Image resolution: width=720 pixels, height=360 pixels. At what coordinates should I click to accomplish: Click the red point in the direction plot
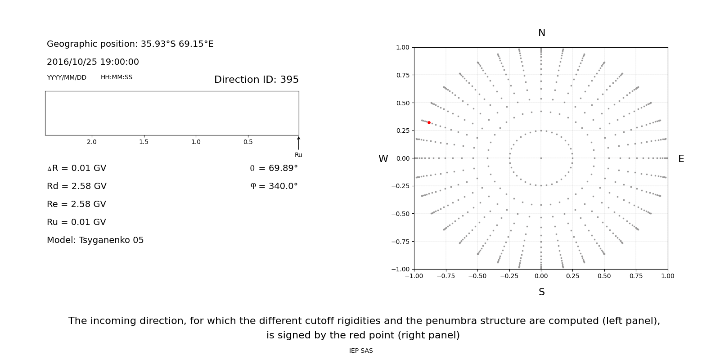pos(429,122)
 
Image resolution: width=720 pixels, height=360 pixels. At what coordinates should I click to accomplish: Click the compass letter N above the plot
pos(542,33)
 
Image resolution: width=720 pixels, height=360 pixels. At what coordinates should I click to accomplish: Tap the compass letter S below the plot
pos(542,292)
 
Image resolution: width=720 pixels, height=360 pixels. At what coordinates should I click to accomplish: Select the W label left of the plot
pos(383,159)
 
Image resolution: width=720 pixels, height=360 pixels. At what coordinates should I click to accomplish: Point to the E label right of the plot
pos(681,159)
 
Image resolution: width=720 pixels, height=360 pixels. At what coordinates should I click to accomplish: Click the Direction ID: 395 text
pos(256,79)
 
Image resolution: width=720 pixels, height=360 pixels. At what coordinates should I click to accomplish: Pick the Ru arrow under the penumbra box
pos(299,143)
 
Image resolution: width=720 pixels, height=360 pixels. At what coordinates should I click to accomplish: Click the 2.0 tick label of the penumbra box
pos(92,142)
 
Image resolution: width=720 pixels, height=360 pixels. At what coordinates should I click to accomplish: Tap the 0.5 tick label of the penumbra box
pos(248,142)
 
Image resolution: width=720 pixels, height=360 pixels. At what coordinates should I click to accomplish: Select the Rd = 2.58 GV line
pos(76,186)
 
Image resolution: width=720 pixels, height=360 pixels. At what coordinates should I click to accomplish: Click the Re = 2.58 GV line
pos(76,204)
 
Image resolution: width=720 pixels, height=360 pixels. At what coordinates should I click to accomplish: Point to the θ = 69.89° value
pos(274,168)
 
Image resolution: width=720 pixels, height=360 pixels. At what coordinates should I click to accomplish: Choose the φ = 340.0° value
pos(274,186)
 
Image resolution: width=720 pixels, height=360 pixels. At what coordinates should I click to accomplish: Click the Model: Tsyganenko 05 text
pos(95,240)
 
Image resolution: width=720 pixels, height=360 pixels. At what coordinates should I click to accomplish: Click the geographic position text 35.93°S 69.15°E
pos(177,44)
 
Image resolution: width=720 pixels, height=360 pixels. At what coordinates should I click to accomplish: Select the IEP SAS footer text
pos(361,351)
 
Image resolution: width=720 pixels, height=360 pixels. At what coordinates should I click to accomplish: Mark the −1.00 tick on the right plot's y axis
pos(400,270)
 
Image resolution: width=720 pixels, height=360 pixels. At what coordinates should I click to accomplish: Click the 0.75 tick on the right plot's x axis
pos(636,276)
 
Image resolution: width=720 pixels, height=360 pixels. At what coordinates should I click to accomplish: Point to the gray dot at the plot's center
pos(541,158)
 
